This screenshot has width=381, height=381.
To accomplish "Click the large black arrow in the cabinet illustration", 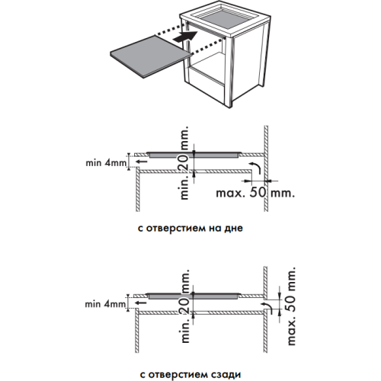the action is [185, 37].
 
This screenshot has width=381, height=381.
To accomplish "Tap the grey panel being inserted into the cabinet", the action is [150, 56].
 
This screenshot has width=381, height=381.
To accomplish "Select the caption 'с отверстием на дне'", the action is [190, 228].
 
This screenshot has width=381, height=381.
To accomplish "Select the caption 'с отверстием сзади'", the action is [190, 374].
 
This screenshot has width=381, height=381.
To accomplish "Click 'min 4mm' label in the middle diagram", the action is [106, 163].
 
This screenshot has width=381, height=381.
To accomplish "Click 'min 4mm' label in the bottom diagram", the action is [105, 304].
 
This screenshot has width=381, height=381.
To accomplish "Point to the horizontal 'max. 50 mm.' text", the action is [255, 193].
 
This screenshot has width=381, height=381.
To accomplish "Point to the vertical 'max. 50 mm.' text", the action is [292, 306].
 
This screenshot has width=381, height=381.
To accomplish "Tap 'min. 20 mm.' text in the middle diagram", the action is [185, 162].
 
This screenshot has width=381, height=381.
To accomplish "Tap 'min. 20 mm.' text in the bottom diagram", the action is [185, 306].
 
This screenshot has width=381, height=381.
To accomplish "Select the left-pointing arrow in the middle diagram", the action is [141, 162].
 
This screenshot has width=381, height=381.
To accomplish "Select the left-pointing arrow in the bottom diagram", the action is [140, 303].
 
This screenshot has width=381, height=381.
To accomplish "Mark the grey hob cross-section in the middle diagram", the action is [194, 155].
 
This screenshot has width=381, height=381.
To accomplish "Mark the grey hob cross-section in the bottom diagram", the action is [193, 296].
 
